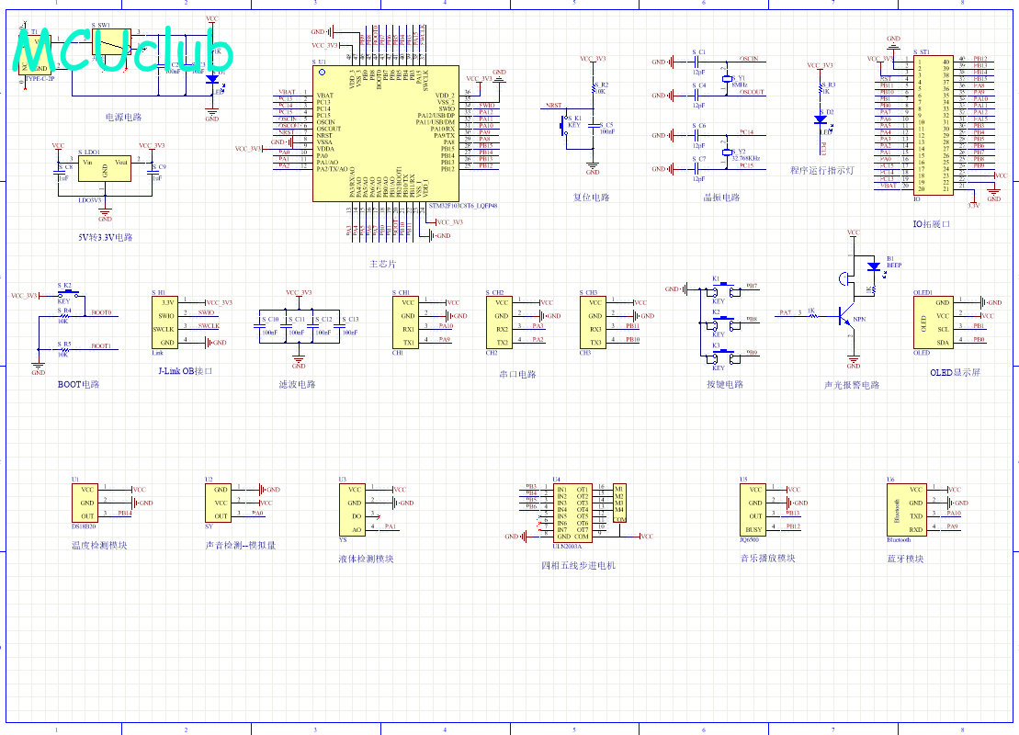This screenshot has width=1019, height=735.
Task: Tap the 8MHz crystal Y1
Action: coord(727,81)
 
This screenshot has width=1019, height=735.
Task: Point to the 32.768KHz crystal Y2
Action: coord(727,153)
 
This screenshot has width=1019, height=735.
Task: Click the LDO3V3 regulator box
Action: coord(105,172)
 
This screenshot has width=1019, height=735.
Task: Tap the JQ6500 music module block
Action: coord(754,509)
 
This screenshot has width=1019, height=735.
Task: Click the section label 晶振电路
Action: coord(720,198)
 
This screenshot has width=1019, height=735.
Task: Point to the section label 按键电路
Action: coord(724,384)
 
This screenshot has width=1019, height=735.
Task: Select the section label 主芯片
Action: coord(382,264)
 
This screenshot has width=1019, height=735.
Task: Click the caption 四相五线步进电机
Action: coord(578,566)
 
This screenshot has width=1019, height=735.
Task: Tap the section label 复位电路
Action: coord(591,198)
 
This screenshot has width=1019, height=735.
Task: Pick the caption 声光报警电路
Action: coord(851,385)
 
